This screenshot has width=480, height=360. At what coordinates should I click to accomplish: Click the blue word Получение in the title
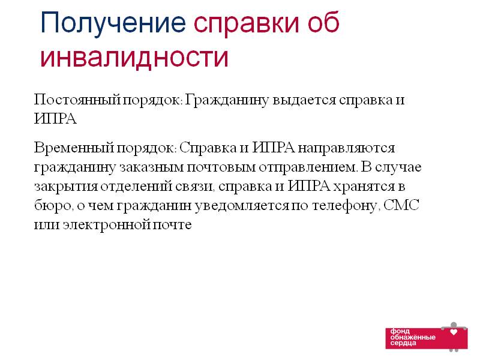113,23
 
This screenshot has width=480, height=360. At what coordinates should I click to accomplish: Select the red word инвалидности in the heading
134,57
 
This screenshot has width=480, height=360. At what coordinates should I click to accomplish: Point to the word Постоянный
77,100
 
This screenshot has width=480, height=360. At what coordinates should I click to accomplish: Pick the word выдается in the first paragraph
304,101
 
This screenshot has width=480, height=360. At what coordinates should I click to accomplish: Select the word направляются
346,148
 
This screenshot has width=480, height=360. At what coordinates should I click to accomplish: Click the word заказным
151,167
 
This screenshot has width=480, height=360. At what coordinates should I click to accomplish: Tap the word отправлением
308,168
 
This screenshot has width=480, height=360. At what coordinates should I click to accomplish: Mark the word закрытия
66,187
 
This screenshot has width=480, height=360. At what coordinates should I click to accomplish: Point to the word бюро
53,205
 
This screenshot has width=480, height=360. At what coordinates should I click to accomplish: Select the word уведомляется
242,206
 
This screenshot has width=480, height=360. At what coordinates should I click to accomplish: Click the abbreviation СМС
401,205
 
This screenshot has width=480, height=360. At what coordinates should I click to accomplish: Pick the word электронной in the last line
107,225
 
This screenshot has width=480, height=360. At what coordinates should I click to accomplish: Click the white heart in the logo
454,332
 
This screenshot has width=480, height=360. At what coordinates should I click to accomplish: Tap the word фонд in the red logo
400,331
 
